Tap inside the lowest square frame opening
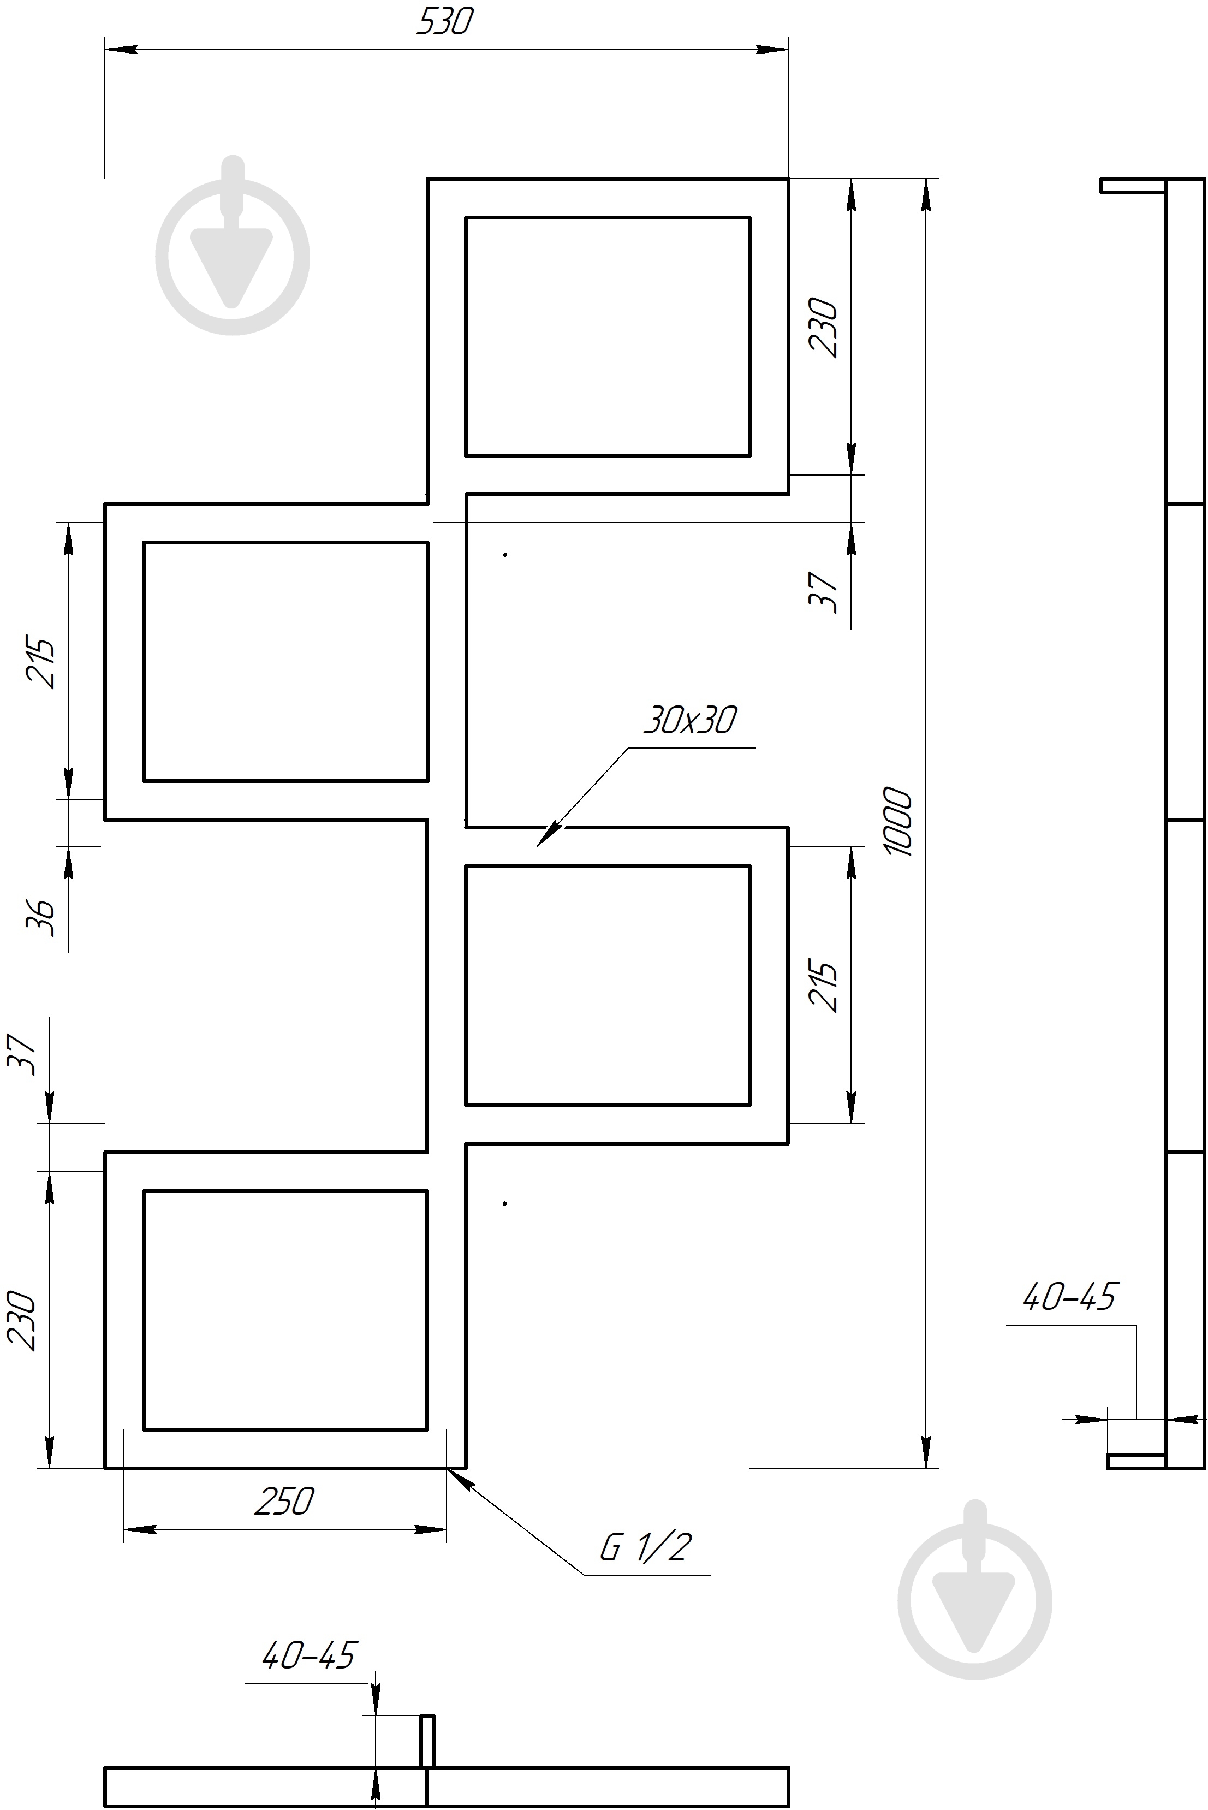coord(285,1310)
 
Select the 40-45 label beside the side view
coord(1069,1297)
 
